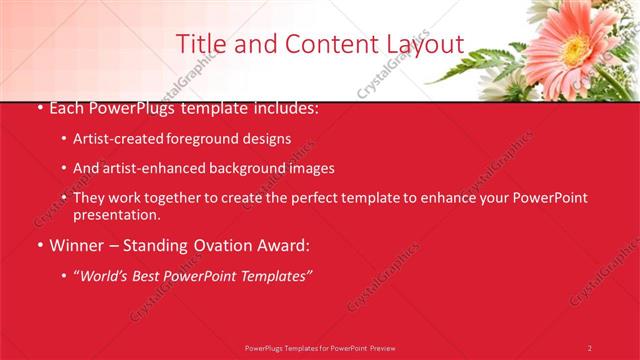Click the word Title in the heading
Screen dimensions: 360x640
[199, 44]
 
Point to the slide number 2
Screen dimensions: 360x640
[590, 348]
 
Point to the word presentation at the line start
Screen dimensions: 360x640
[116, 214]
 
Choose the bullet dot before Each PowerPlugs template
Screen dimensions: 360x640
[38, 108]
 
